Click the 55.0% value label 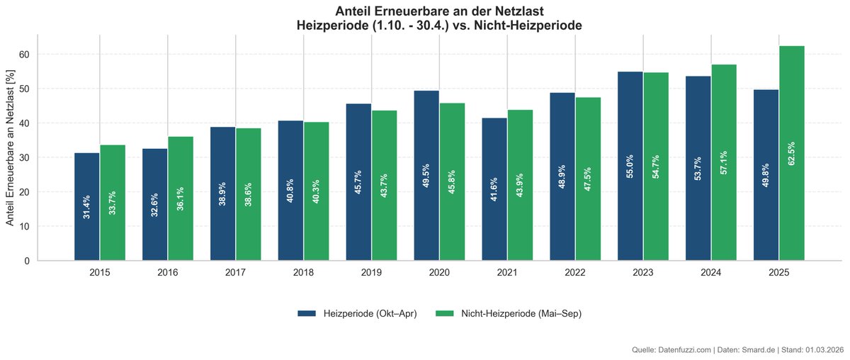click(x=630, y=166)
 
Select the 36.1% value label click(x=181, y=199)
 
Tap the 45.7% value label click(x=358, y=183)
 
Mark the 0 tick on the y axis click(x=27, y=261)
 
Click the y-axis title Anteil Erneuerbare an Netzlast click(x=10, y=147)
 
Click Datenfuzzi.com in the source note click(x=684, y=350)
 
